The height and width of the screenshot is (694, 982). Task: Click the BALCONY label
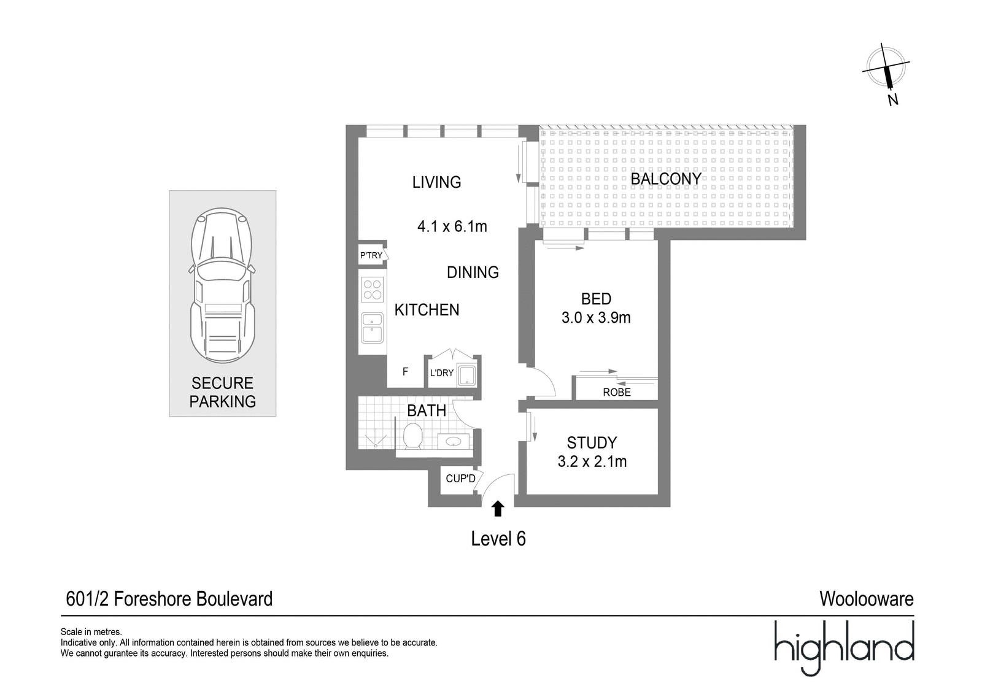click(666, 179)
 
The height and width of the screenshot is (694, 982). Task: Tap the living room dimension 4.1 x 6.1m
click(452, 226)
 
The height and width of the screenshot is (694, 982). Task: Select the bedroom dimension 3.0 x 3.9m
click(596, 317)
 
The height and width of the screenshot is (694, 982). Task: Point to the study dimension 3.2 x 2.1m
click(592, 461)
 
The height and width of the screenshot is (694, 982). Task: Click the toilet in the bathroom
click(412, 436)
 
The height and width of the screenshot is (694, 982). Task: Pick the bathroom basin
click(454, 441)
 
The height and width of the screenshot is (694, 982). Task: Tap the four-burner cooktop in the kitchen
click(372, 290)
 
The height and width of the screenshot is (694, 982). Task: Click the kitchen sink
click(372, 328)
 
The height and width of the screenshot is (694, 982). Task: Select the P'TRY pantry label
click(371, 255)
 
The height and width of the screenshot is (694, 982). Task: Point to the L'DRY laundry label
click(441, 372)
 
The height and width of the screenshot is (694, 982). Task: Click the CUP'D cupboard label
click(460, 478)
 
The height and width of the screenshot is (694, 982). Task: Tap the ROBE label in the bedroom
click(616, 392)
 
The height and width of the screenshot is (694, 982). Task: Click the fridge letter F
click(406, 372)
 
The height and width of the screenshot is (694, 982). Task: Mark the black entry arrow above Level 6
click(497, 509)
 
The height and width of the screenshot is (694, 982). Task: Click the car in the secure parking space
click(222, 285)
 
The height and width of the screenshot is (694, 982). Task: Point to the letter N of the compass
click(892, 100)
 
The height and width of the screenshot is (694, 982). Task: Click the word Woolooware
click(867, 599)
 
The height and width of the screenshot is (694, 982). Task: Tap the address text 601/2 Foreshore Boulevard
click(169, 599)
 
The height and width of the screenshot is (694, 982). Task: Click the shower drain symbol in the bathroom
click(376, 444)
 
